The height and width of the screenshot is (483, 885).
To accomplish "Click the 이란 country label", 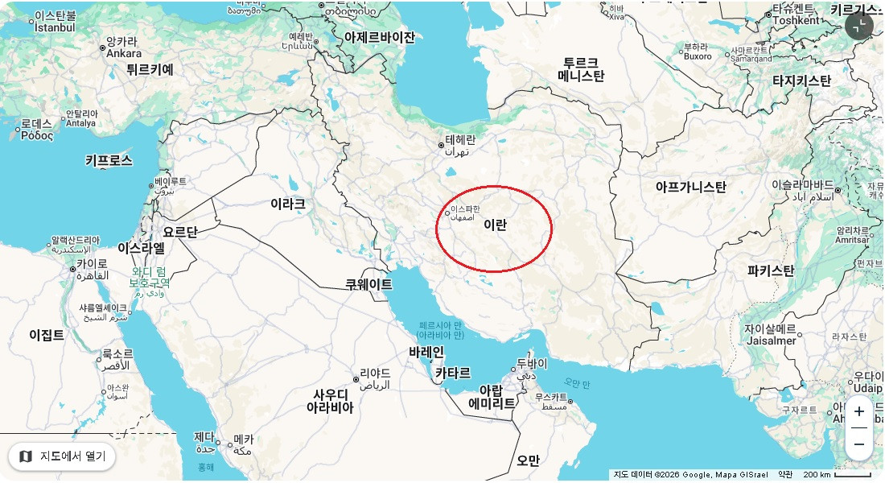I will pyautogui.click(x=496, y=225).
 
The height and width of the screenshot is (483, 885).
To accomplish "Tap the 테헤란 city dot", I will pyautogui.click(x=441, y=146).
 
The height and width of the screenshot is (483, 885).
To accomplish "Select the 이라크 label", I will pyautogui.click(x=287, y=204).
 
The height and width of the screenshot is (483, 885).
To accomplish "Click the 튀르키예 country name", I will pyautogui.click(x=150, y=70).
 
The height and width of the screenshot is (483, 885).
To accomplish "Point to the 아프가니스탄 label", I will pyautogui.click(x=690, y=188).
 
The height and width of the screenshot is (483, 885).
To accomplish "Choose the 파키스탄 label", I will pyautogui.click(x=770, y=270).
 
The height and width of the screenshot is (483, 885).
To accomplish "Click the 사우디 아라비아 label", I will pyautogui.click(x=330, y=401).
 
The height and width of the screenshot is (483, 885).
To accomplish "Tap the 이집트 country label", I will pyautogui.click(x=47, y=335).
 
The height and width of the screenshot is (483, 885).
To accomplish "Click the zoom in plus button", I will pyautogui.click(x=859, y=411).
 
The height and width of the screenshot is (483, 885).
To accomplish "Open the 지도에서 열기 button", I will pyautogui.click(x=63, y=456).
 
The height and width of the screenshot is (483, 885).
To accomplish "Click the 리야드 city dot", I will pyautogui.click(x=356, y=379).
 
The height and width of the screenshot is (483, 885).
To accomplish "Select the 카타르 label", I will pyautogui.click(x=453, y=374).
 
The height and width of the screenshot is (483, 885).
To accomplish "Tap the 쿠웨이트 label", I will pyautogui.click(x=368, y=284).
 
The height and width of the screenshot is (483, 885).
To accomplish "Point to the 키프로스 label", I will pyautogui.click(x=109, y=160).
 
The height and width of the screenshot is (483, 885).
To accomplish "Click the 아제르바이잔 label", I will pyautogui.click(x=380, y=37).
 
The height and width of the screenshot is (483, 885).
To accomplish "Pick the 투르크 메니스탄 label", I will pyautogui.click(x=581, y=70).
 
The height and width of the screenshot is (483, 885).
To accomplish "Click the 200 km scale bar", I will pyautogui.click(x=837, y=475).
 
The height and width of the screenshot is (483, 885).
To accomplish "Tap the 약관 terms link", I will pyautogui.click(x=785, y=475).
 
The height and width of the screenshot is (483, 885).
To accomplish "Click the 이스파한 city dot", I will pyautogui.click(x=447, y=213).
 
